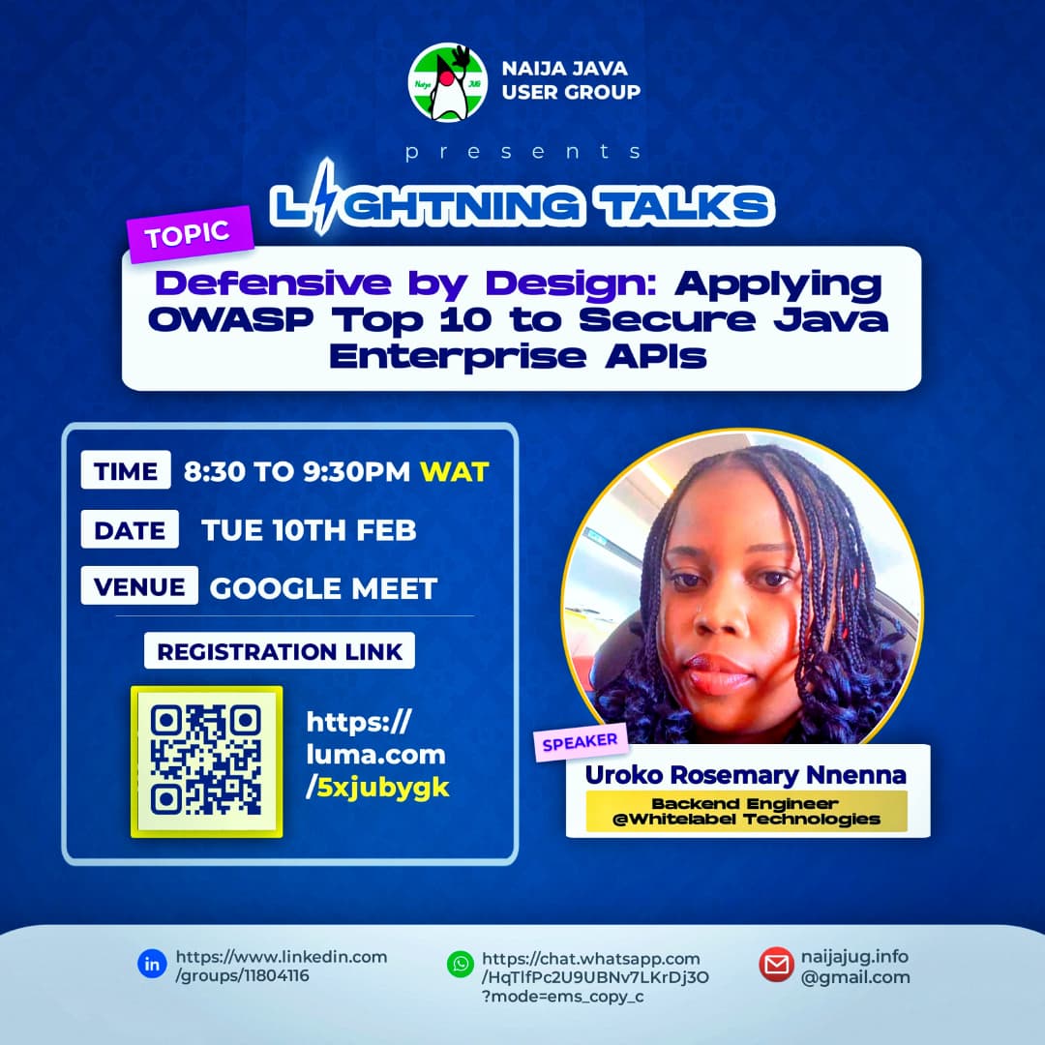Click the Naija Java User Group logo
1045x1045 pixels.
click(x=447, y=82)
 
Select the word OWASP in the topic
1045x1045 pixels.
click(x=220, y=320)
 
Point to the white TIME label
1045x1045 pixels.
click(x=126, y=471)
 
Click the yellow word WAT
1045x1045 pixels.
click(x=454, y=472)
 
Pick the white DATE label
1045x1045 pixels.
click(x=130, y=529)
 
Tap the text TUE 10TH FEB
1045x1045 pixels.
click(x=309, y=530)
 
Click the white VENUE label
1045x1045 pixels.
click(x=139, y=586)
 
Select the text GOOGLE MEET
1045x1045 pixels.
click(x=323, y=587)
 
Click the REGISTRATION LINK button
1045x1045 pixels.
click(x=280, y=651)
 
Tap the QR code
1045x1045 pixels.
click(x=206, y=761)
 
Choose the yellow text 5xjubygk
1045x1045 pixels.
click(x=383, y=788)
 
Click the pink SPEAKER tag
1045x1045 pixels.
click(x=580, y=744)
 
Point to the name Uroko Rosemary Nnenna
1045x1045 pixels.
click(x=745, y=775)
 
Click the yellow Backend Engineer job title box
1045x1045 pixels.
click(x=746, y=811)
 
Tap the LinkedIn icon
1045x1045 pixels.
click(x=152, y=964)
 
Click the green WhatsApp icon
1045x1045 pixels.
click(x=460, y=964)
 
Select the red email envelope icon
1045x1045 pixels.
click(x=776, y=965)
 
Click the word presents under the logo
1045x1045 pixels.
click(x=522, y=152)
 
